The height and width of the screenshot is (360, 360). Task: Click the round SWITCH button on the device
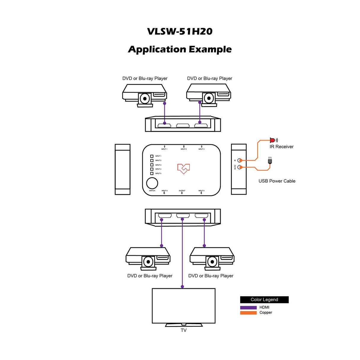click(x=152, y=183)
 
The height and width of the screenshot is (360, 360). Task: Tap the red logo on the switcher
click(x=184, y=168)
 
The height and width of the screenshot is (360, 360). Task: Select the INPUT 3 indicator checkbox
click(x=152, y=165)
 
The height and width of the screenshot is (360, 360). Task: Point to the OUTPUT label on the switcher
click(x=182, y=191)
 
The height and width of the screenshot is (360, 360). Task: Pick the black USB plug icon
click(x=270, y=161)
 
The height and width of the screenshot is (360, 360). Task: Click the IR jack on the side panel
click(x=240, y=160)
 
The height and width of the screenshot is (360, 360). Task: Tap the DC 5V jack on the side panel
click(x=240, y=167)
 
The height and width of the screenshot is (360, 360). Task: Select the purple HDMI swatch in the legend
click(x=248, y=308)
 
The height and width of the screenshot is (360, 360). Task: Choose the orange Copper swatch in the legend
click(x=248, y=313)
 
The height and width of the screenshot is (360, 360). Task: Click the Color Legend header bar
click(x=264, y=300)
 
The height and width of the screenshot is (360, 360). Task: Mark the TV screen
click(x=184, y=305)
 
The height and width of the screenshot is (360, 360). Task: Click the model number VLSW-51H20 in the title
click(x=180, y=31)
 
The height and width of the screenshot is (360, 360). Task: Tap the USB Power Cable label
click(x=277, y=181)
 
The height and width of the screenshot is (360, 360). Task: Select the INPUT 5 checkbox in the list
click(x=152, y=173)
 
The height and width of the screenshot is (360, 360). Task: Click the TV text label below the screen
click(x=184, y=330)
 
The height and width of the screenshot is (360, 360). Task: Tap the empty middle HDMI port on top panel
click(x=183, y=126)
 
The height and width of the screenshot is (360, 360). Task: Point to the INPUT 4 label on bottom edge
click(x=164, y=191)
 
